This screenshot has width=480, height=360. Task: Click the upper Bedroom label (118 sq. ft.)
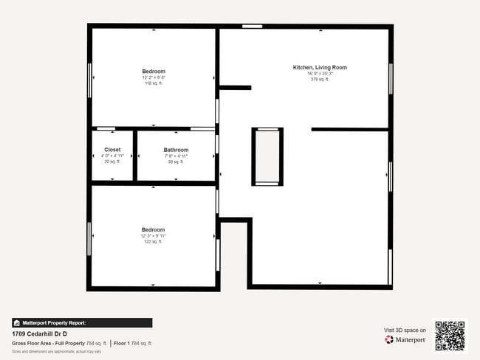[154, 72]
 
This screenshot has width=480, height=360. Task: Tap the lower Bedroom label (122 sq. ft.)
[154, 229]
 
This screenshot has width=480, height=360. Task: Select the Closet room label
[112, 150]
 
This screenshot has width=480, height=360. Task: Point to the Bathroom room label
[176, 150]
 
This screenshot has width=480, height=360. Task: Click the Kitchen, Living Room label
[320, 67]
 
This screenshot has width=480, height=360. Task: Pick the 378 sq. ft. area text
[320, 79]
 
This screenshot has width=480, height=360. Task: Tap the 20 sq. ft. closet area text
[112, 162]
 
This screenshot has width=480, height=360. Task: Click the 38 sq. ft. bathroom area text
[176, 162]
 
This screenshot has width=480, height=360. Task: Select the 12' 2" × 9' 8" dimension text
[154, 77]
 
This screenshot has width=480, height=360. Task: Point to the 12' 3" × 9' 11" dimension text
[154, 235]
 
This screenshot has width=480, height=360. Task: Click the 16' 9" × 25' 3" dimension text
[320, 73]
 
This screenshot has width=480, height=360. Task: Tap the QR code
[450, 336]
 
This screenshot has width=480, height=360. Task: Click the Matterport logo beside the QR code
[405, 339]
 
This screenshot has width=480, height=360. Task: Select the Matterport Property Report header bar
[82, 322]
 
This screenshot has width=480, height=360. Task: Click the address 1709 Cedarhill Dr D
[40, 333]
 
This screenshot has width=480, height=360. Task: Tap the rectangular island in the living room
[267, 156]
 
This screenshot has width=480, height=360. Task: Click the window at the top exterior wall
[253, 27]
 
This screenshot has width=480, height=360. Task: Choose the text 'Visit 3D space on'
[405, 330]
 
